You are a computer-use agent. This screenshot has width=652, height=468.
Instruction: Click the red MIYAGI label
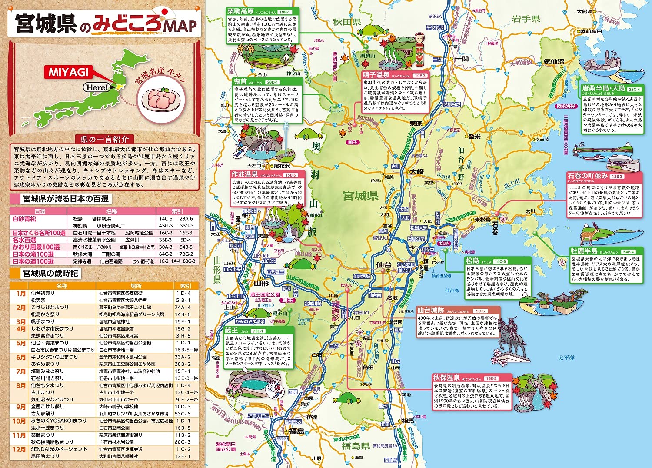coord(68,72)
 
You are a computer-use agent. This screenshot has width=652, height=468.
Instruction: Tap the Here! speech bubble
coord(96,87)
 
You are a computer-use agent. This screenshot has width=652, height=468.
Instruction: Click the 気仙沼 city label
coord(553,62)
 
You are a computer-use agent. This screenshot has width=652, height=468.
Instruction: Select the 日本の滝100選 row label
coord(33,254)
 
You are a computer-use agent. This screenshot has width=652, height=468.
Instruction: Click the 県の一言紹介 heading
coord(104,139)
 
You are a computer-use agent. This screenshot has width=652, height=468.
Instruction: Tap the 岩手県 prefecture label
coord(526,19)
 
